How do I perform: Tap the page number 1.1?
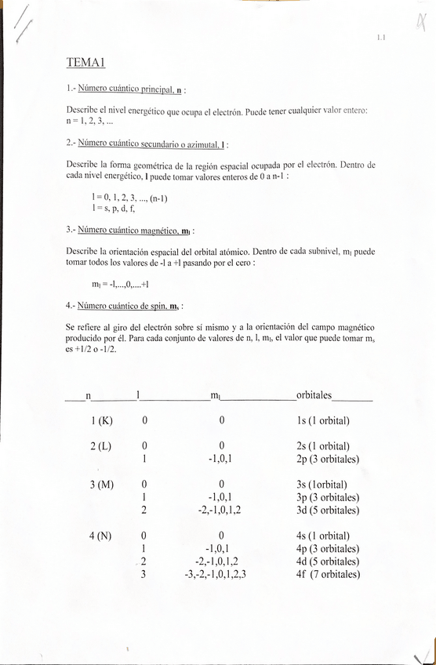coord(381,36)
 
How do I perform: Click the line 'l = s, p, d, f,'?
coord(114,209)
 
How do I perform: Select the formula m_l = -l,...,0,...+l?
coord(120,284)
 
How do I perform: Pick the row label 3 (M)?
coord(102,485)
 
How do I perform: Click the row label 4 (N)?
coord(102,536)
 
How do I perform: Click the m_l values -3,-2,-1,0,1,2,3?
coord(215,574)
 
